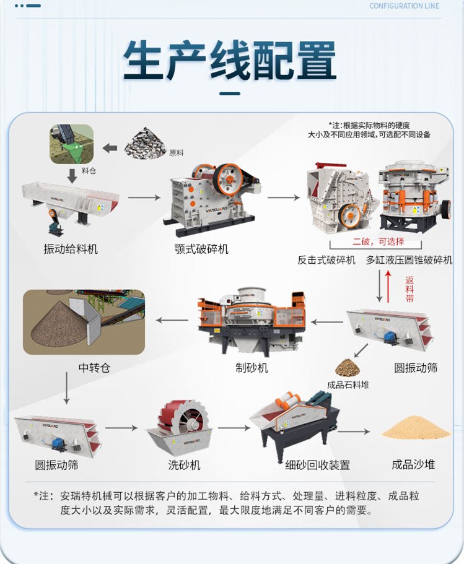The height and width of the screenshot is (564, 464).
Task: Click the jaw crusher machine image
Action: tap(212, 199)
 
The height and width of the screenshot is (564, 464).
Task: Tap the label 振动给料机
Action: tap(71, 249)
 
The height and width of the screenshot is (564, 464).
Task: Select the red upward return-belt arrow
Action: tap(388, 286)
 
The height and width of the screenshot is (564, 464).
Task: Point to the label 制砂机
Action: tap(252, 368)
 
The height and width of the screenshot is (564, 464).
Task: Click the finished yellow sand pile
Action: tap(416, 428)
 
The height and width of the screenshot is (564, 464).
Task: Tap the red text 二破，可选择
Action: tap(379, 241)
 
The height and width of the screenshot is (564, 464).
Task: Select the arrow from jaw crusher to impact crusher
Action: tap(284, 197)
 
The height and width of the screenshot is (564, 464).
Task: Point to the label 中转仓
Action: tap(94, 368)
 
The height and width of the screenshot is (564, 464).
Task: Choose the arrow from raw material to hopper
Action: tap(110, 148)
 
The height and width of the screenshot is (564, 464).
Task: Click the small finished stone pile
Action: tap(348, 368)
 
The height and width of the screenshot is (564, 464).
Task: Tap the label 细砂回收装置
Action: tap(318, 465)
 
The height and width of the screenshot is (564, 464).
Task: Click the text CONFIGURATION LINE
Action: tap(405, 6)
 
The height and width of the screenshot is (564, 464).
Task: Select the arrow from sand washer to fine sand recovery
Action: tap(234, 428)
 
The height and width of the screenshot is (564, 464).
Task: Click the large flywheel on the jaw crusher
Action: tap(228, 180)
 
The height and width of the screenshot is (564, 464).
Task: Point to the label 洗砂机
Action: tap(185, 465)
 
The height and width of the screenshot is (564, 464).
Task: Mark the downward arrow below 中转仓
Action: tap(66, 388)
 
